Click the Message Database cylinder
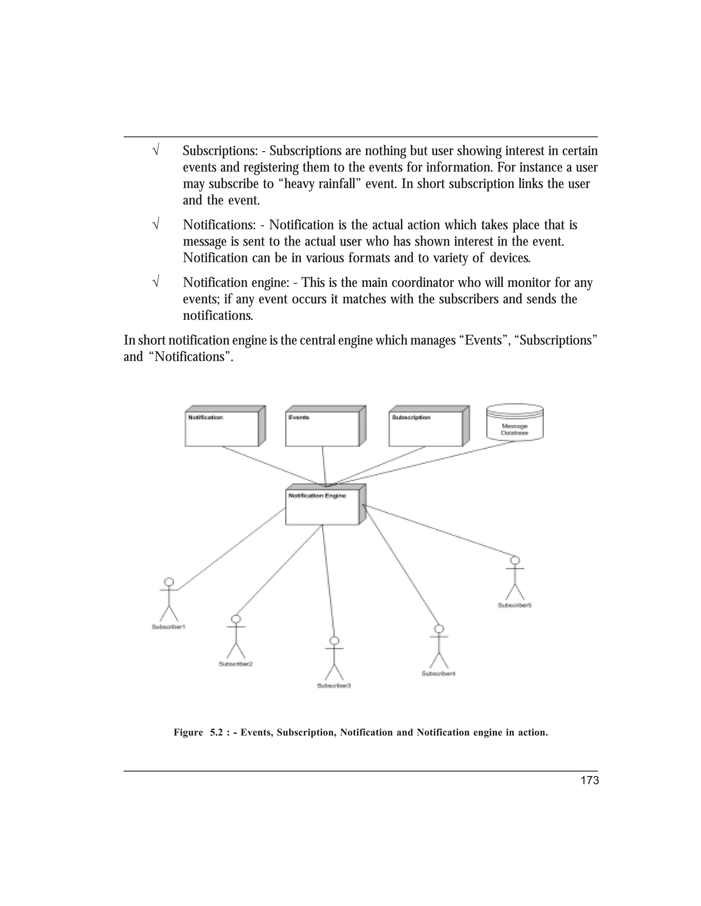(x=514, y=423)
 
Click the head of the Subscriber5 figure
(x=515, y=560)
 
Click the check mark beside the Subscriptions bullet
(x=156, y=150)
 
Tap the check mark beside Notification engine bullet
(x=156, y=282)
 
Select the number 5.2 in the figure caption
(x=216, y=733)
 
